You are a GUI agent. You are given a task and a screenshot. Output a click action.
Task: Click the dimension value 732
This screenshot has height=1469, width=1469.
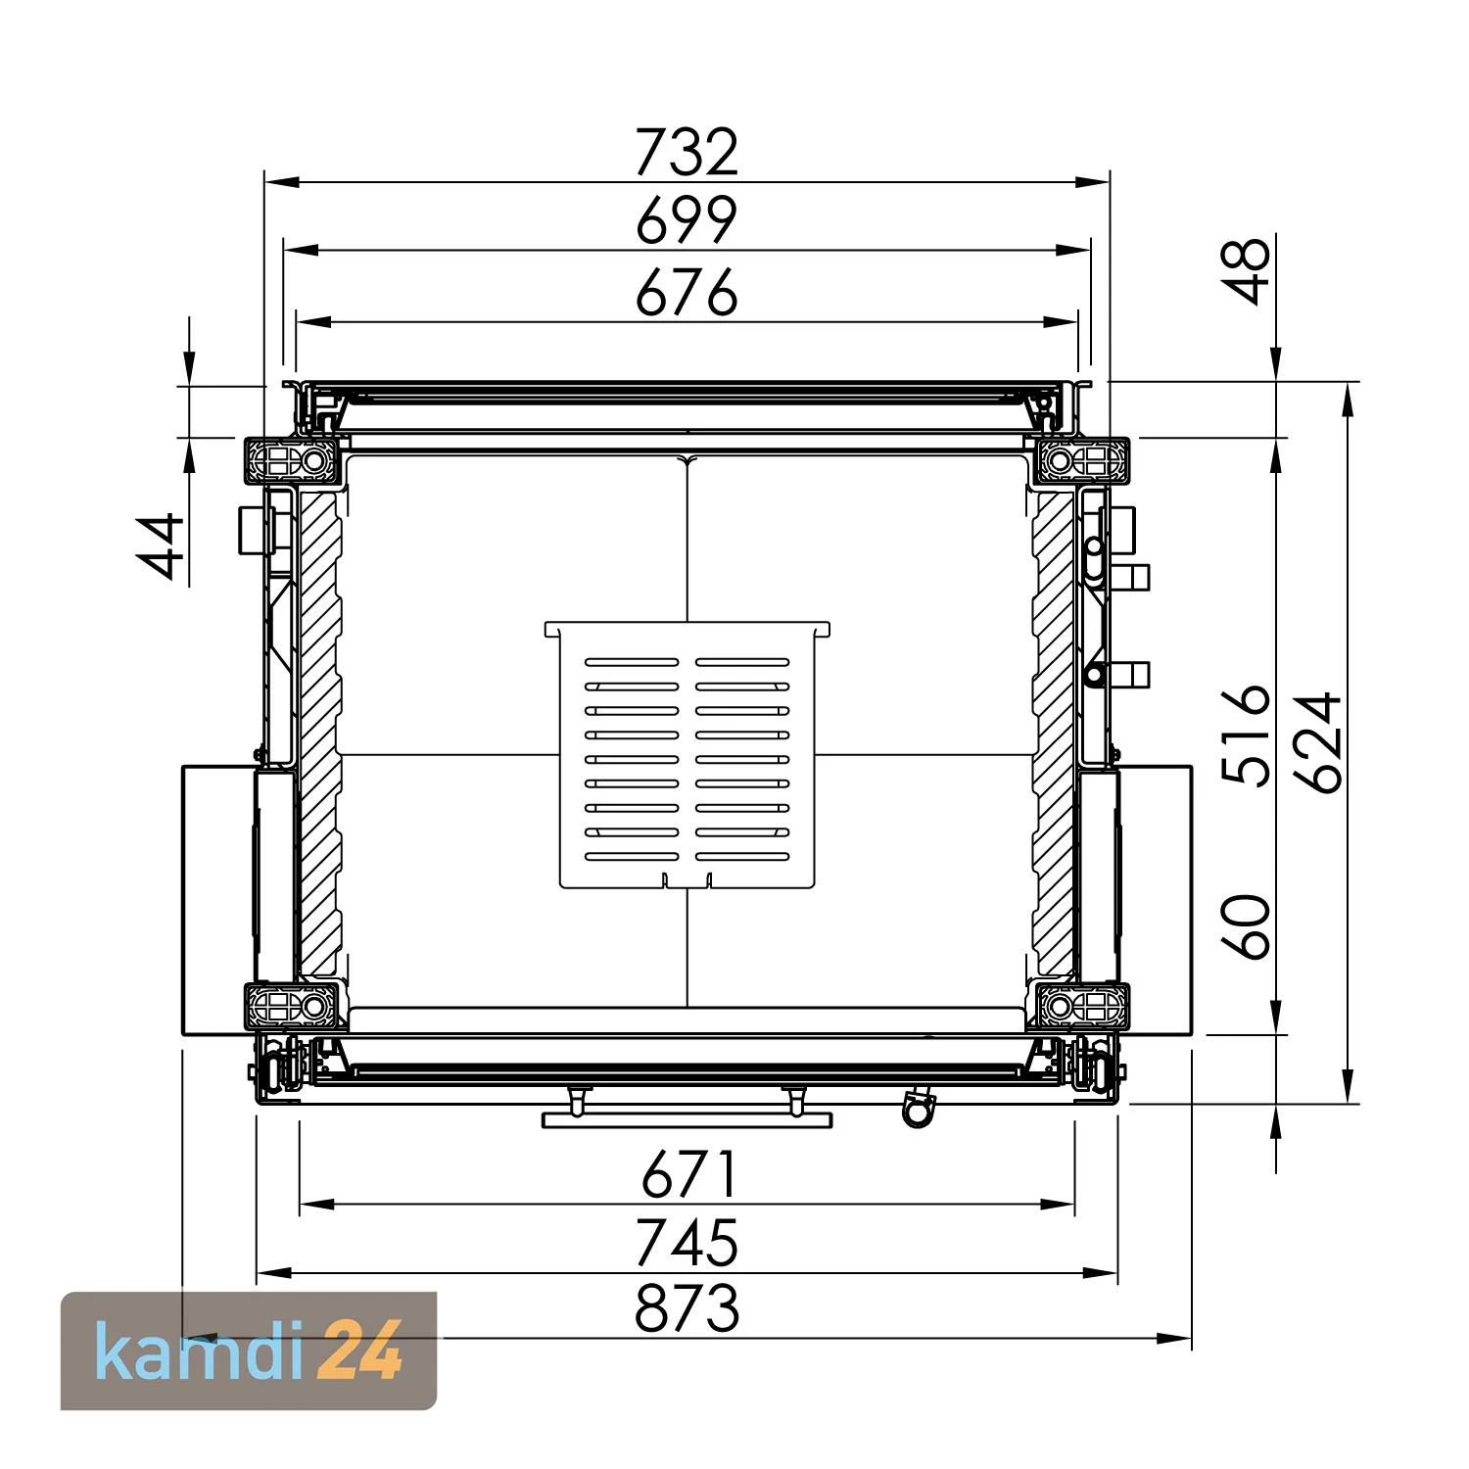[687, 152]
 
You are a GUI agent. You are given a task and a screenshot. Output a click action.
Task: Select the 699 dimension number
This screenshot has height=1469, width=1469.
[687, 220]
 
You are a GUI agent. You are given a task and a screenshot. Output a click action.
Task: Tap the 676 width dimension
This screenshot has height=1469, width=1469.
[687, 292]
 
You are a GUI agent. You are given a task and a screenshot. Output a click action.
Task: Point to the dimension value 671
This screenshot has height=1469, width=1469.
[687, 1174]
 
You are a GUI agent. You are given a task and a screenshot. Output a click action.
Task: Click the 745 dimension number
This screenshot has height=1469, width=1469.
[687, 1243]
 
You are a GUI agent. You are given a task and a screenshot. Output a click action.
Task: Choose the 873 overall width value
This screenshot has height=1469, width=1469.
[687, 1308]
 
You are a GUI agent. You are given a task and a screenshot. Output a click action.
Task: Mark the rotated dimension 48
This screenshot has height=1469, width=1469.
[1248, 270]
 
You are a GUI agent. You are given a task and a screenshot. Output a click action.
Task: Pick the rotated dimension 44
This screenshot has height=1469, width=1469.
[161, 545]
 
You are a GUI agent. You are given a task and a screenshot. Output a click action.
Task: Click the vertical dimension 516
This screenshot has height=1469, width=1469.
[1248, 734]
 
